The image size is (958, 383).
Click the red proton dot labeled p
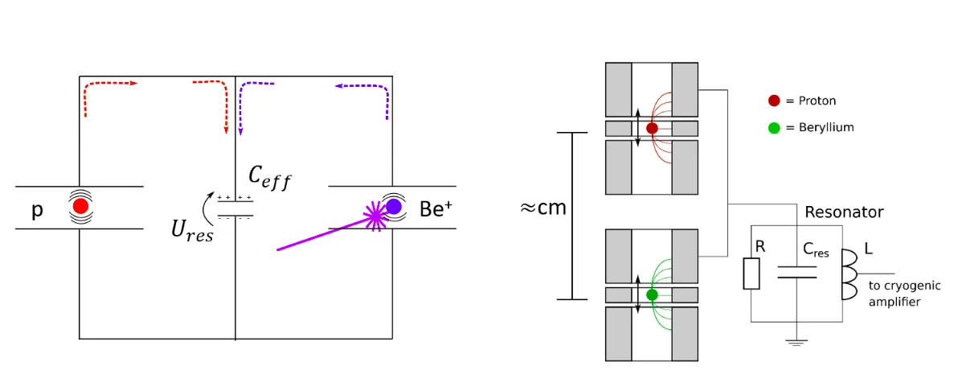[80, 207]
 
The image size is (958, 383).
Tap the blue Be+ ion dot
[394, 207]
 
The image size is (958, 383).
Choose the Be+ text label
[436, 208]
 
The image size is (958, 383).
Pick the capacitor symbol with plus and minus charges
[235, 207]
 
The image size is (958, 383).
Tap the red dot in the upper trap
[652, 129]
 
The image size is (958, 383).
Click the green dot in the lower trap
[652, 294]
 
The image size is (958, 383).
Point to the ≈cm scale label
[543, 208]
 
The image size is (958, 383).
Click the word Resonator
[845, 213]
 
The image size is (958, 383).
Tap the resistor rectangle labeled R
[751, 273]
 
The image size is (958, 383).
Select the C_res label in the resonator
[816, 249]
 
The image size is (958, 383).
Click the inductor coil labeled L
[850, 274]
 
